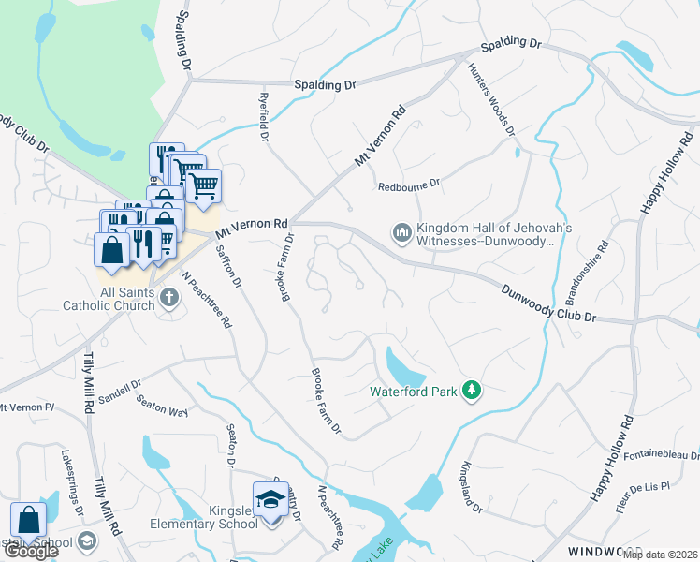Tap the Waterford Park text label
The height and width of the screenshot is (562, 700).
(415, 392)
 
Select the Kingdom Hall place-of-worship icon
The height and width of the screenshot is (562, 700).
(401, 231)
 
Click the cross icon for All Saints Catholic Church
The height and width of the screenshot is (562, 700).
(168, 298)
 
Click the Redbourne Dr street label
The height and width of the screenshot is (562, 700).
(408, 186)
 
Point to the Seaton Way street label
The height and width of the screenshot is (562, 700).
(162, 406)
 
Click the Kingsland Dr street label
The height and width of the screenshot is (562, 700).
(472, 488)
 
